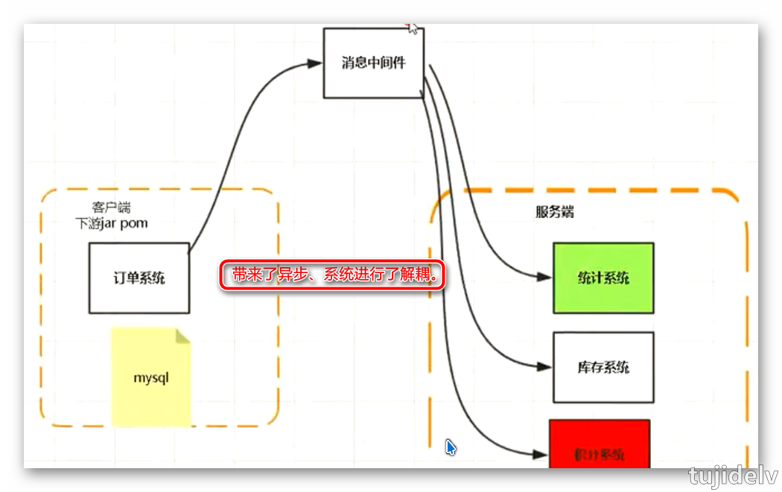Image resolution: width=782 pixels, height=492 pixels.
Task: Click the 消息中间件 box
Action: click(x=374, y=63)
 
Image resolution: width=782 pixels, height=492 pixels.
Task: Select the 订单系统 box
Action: click(x=139, y=278)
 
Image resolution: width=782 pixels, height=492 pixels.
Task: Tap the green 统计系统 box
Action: click(x=603, y=278)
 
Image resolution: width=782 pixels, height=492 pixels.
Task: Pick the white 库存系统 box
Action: click(x=603, y=367)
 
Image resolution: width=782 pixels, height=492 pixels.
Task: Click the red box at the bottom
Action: click(x=600, y=445)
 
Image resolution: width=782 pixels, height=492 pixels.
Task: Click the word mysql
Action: click(x=151, y=377)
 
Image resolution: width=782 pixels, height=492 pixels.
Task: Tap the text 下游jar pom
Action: click(x=112, y=223)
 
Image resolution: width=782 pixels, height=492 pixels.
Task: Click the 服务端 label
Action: click(x=555, y=212)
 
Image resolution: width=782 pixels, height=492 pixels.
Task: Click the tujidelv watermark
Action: click(x=733, y=476)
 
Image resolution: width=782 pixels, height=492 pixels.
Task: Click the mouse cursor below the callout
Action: click(x=451, y=447)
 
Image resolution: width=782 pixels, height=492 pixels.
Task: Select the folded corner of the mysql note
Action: click(x=182, y=336)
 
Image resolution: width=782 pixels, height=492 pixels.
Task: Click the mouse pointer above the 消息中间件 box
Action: click(x=413, y=28)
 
